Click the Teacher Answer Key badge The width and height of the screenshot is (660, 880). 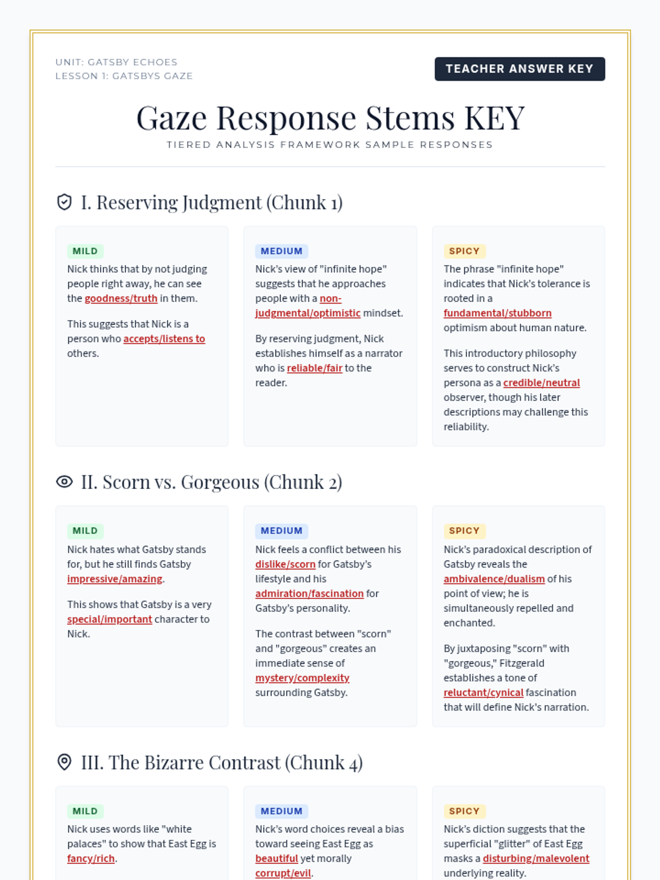pos(520,69)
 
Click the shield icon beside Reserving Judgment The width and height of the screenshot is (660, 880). pos(64,202)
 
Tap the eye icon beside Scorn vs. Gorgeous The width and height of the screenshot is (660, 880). pos(64,482)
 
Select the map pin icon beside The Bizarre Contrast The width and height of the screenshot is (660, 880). pos(64,762)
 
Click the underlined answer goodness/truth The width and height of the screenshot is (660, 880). pos(121,299)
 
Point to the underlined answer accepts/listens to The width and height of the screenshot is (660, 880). pos(164,339)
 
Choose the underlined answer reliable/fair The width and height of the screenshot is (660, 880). pos(315,368)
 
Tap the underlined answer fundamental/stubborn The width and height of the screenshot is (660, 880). pos(497,313)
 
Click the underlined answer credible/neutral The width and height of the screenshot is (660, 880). pos(541,383)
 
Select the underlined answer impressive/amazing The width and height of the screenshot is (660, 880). pos(114,579)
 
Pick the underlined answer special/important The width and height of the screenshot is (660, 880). pos(109,619)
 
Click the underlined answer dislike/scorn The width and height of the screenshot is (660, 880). pos(285,564)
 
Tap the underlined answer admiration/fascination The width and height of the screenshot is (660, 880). pos(309,593)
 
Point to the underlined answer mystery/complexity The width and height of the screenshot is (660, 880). pos(302,678)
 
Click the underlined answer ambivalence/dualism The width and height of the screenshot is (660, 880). pos(494,579)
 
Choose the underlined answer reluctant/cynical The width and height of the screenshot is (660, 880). pos(483,692)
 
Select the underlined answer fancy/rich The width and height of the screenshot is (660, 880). pos(91,859)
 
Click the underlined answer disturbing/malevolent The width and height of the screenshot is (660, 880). pos(536,859)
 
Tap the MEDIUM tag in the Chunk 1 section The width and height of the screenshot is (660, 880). pos(281,251)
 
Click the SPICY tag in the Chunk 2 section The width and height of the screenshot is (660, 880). pos(464,531)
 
